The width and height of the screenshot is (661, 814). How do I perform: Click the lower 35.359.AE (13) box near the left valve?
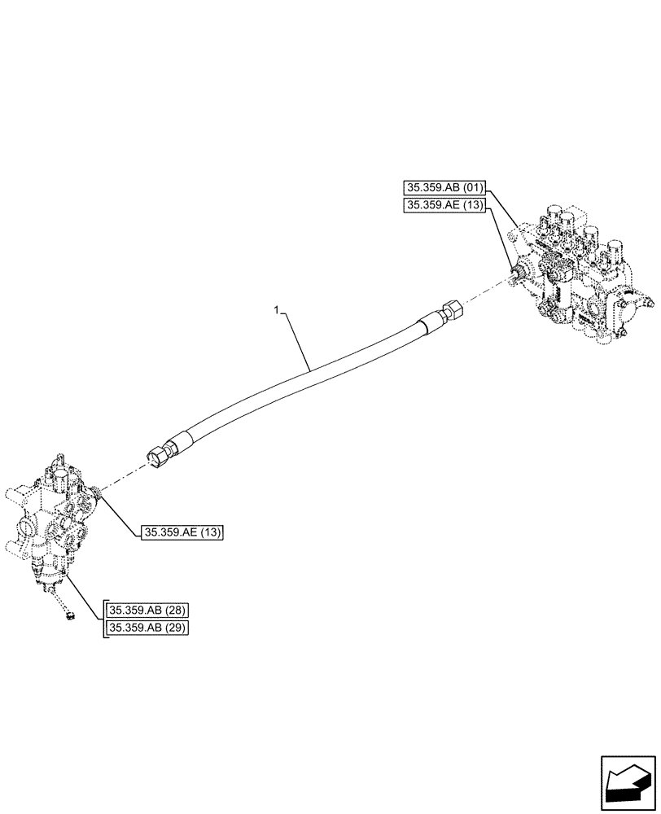[x=182, y=533]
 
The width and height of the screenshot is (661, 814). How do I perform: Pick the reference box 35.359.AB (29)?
[x=147, y=628]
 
